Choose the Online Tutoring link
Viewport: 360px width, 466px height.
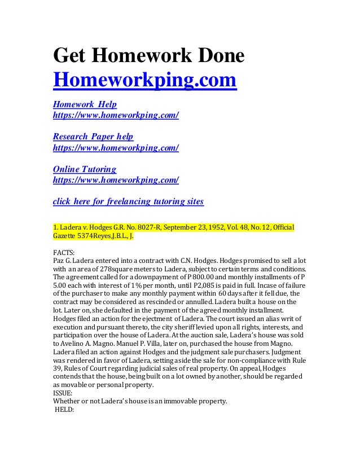85,169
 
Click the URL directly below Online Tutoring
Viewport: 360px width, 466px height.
116,180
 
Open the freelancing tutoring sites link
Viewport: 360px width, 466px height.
128,201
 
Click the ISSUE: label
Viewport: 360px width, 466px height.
63,393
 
